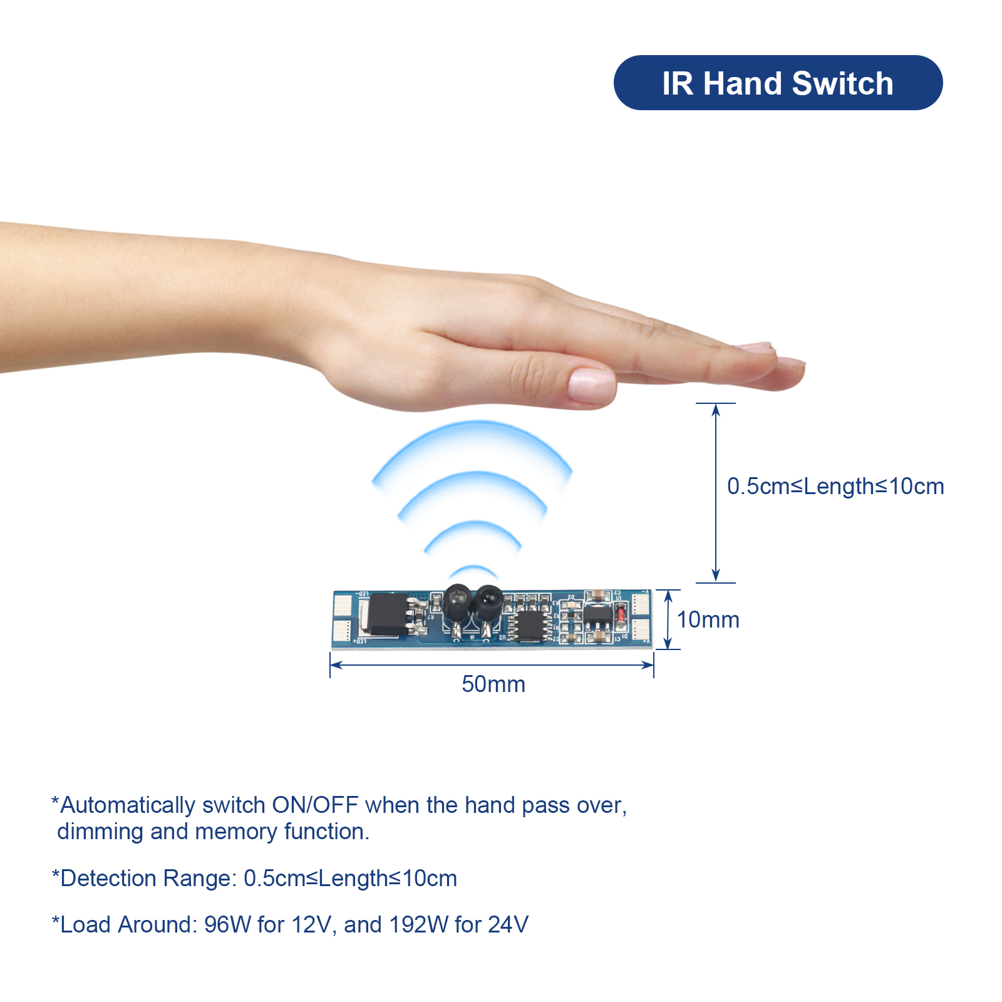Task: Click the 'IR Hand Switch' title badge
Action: [x=778, y=83]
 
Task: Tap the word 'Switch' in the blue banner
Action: [x=842, y=83]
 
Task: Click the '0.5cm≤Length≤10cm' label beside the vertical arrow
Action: [x=835, y=487]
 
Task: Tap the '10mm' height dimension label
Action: [x=708, y=620]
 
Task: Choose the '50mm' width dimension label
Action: [x=493, y=684]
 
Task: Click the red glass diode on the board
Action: [x=620, y=616]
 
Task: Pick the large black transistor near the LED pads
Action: [x=388, y=614]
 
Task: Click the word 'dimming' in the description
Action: [x=100, y=832]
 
